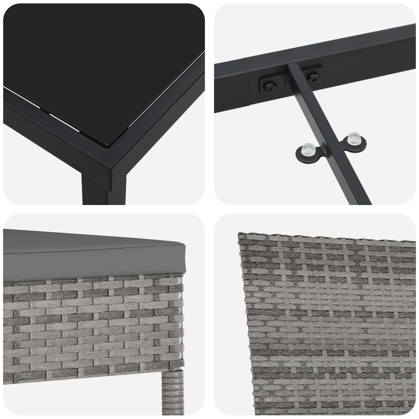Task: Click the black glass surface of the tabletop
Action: [92, 65]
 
